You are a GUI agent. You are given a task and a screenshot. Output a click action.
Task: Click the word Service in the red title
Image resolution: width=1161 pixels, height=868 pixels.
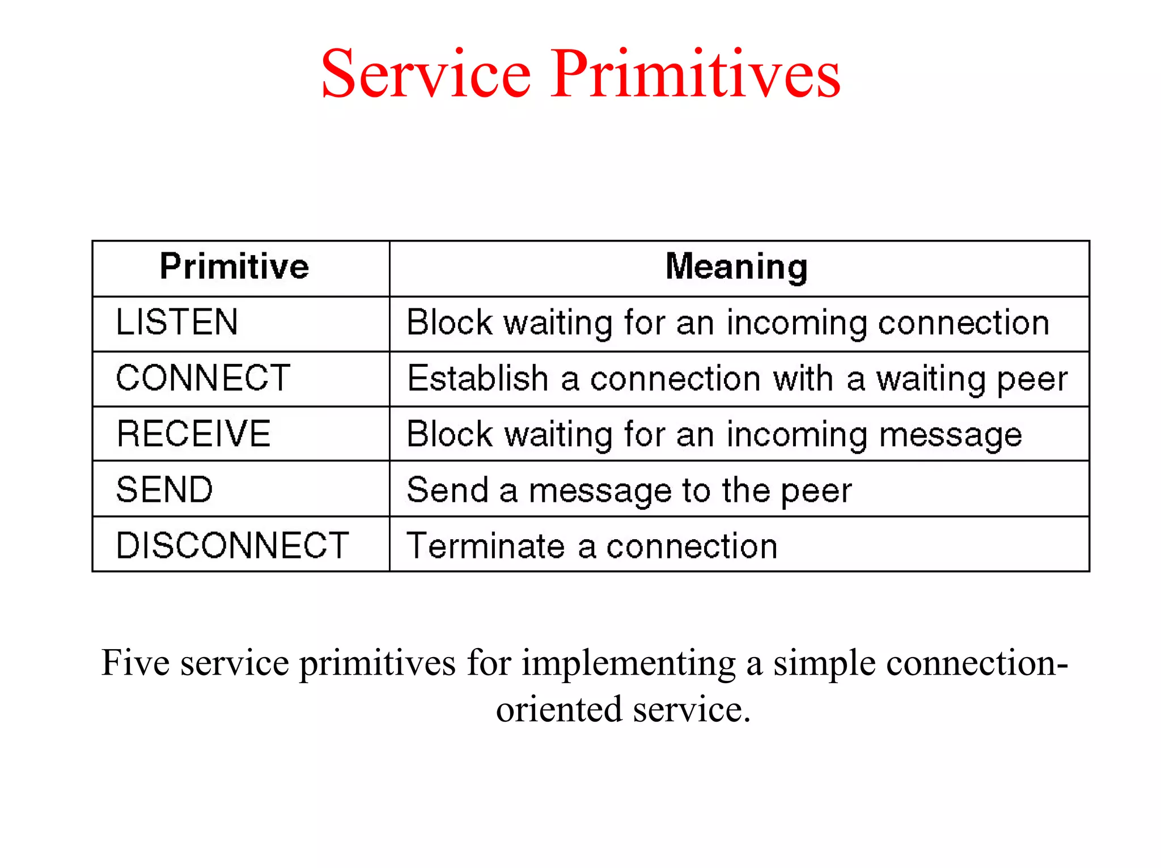click(x=426, y=74)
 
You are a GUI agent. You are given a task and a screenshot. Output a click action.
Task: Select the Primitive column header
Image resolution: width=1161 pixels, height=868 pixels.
click(x=234, y=266)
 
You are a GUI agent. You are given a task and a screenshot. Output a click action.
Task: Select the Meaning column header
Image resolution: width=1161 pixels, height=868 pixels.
click(x=736, y=266)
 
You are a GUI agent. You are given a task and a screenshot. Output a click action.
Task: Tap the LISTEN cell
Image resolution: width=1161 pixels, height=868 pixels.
click(x=177, y=322)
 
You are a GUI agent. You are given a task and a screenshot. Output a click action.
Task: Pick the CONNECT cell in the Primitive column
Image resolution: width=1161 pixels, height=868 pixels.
click(x=203, y=378)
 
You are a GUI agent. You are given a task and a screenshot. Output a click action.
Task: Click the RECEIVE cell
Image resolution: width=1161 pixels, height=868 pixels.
click(x=193, y=434)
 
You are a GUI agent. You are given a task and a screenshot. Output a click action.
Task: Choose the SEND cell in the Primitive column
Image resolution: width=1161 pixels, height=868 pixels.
click(x=164, y=489)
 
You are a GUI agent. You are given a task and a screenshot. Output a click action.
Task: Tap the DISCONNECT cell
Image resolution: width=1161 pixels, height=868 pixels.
click(x=232, y=545)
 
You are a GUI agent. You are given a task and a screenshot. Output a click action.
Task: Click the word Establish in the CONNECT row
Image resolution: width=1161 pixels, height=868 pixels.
click(x=478, y=379)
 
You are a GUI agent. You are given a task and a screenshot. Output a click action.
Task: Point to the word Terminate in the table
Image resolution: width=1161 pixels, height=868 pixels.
click(x=486, y=546)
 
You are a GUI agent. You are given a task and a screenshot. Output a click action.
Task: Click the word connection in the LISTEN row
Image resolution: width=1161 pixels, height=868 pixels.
click(x=963, y=323)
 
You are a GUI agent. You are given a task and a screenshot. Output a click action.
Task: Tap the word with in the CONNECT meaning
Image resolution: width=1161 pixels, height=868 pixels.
click(x=803, y=379)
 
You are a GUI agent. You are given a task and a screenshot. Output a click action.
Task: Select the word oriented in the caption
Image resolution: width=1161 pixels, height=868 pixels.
click(x=558, y=709)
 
